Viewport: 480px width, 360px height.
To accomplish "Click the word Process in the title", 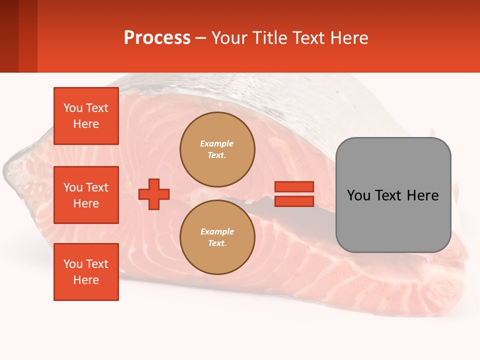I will (157, 37).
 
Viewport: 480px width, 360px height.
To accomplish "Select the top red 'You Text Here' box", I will (86, 116).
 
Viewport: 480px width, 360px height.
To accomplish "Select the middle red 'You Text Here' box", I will (86, 195).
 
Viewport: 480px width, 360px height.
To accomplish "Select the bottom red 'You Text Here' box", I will (86, 272).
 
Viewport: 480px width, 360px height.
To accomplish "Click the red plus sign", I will (154, 194).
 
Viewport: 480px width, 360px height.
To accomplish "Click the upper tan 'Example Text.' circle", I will (217, 149).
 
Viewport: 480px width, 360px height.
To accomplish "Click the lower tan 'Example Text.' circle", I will (217, 237).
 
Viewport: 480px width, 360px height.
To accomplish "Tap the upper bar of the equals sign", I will (294, 186).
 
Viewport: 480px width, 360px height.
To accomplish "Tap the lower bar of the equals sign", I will (294, 201).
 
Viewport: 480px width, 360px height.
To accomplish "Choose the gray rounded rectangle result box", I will (393, 220).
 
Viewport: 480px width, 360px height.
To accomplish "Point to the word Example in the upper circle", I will (217, 143).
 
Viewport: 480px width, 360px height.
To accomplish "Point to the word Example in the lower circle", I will (217, 231).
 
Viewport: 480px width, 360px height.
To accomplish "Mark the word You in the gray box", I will (358, 195).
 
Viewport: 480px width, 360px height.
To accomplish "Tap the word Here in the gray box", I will (423, 195).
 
